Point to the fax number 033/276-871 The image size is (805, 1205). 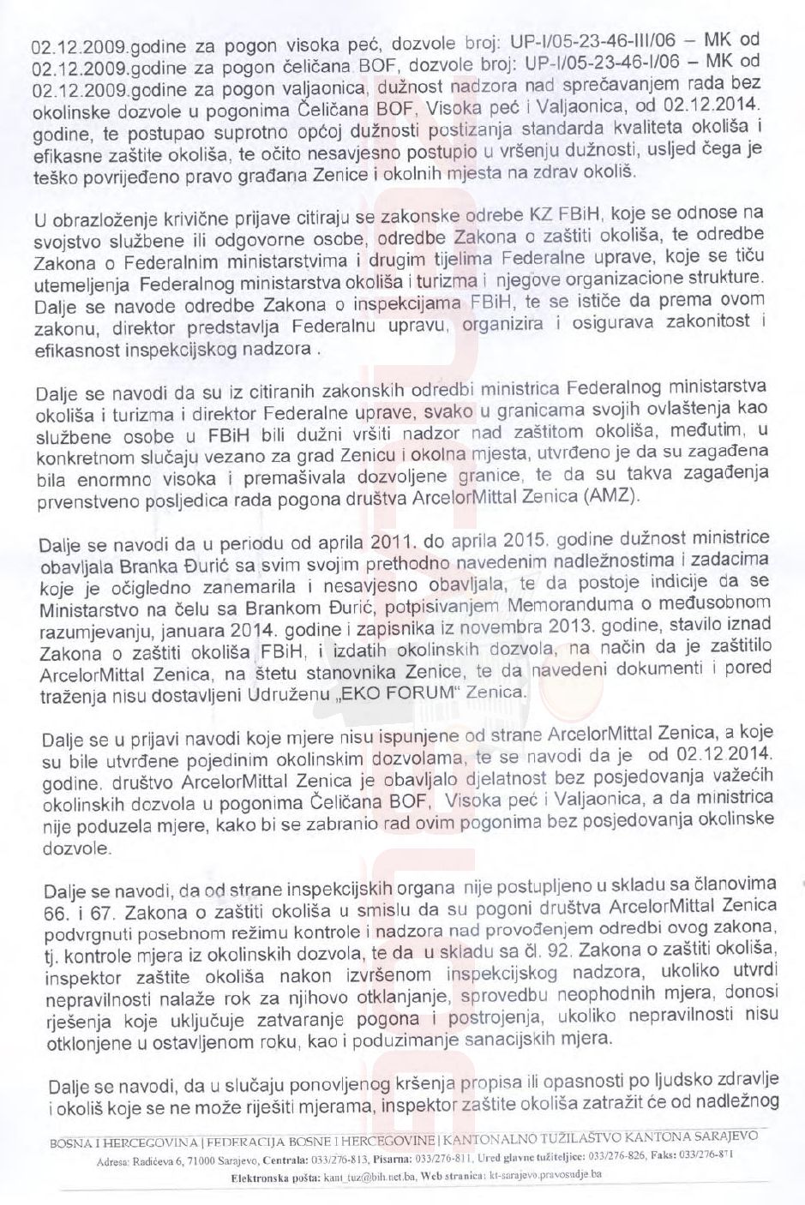[718, 1156]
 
